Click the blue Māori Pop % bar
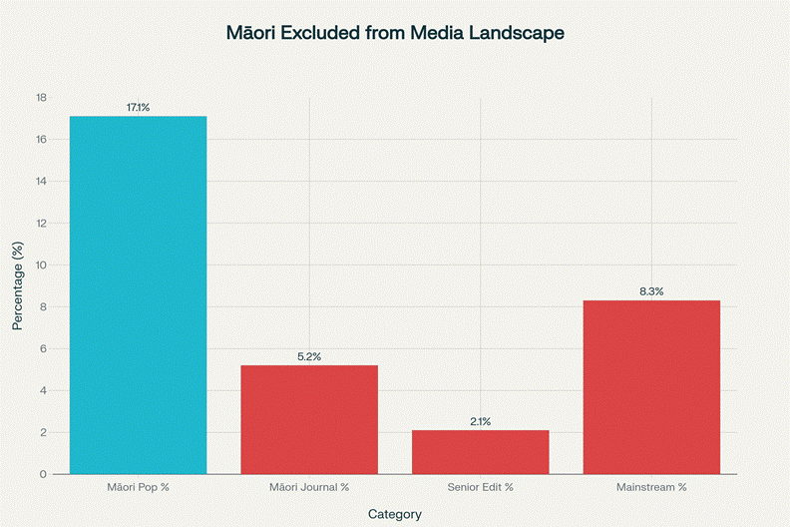coord(138,294)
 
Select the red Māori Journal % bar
coord(309,419)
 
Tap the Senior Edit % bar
coord(480,451)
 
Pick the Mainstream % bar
coord(651,386)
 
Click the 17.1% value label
coord(138,107)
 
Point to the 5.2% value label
coord(309,356)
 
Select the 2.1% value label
coord(480,421)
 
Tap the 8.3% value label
coord(651,291)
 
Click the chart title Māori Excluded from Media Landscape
coord(396,33)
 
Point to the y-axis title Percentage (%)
coord(17,285)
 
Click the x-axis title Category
coord(395,514)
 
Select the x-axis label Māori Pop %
coord(138,487)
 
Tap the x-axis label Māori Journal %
coord(309,487)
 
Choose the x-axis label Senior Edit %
coord(480,487)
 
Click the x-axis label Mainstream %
coord(651,487)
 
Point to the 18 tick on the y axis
coord(41,98)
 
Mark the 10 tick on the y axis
coord(41,265)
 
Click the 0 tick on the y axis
coord(43,474)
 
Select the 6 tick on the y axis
coord(43,349)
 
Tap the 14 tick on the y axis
coord(41,182)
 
